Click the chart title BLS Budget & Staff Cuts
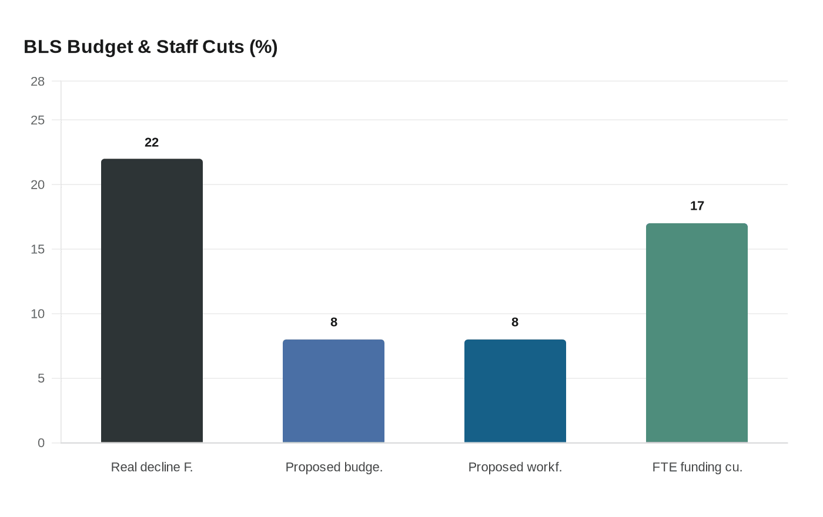click(150, 46)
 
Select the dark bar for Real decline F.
click(152, 300)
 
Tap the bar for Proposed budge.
click(333, 391)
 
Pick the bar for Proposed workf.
click(515, 391)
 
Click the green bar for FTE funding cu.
click(697, 333)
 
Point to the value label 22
click(152, 142)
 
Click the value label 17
click(697, 206)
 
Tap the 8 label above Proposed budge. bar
click(334, 322)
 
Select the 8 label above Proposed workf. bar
click(515, 322)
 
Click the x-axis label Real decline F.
click(152, 467)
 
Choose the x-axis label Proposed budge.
click(334, 467)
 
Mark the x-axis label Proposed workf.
click(515, 467)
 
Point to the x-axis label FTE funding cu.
click(697, 467)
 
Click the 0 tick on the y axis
click(41, 443)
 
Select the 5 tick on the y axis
click(41, 378)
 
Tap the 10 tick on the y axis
click(38, 314)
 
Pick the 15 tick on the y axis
click(38, 249)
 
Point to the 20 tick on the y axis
click(38, 184)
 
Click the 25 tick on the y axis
click(38, 120)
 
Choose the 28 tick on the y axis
click(38, 82)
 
